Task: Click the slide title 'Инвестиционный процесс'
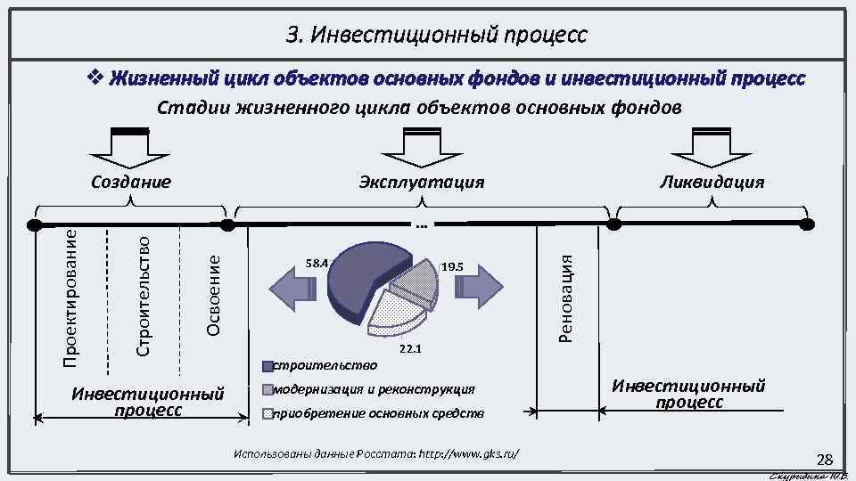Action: pyautogui.click(x=437, y=36)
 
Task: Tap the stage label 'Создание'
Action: pyautogui.click(x=132, y=183)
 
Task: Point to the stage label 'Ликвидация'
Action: pyautogui.click(x=711, y=183)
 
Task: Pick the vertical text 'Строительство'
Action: pyautogui.click(x=143, y=293)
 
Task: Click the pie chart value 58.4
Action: pyautogui.click(x=317, y=263)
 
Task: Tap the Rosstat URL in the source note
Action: pyautogui.click(x=463, y=454)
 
